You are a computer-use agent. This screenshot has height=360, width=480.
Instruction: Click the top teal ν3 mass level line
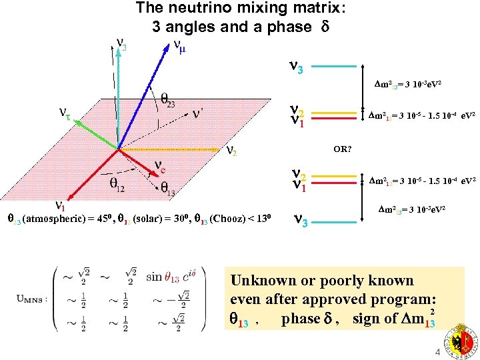click(x=334, y=67)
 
